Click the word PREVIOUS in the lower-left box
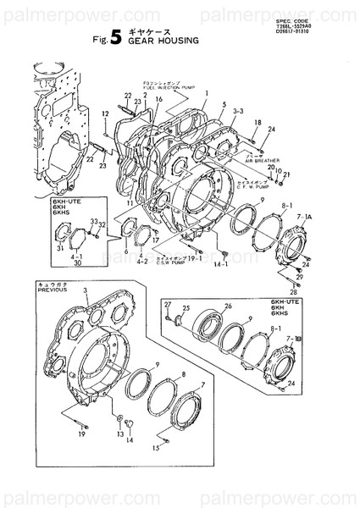point(53,289)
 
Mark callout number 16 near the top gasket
point(158,100)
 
